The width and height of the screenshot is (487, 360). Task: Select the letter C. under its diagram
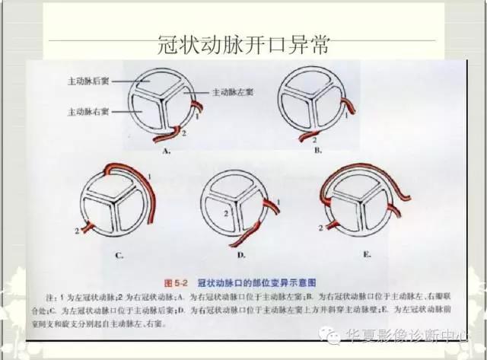pyautogui.click(x=119, y=256)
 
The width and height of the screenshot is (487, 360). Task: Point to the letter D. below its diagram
pyautogui.click(x=241, y=256)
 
